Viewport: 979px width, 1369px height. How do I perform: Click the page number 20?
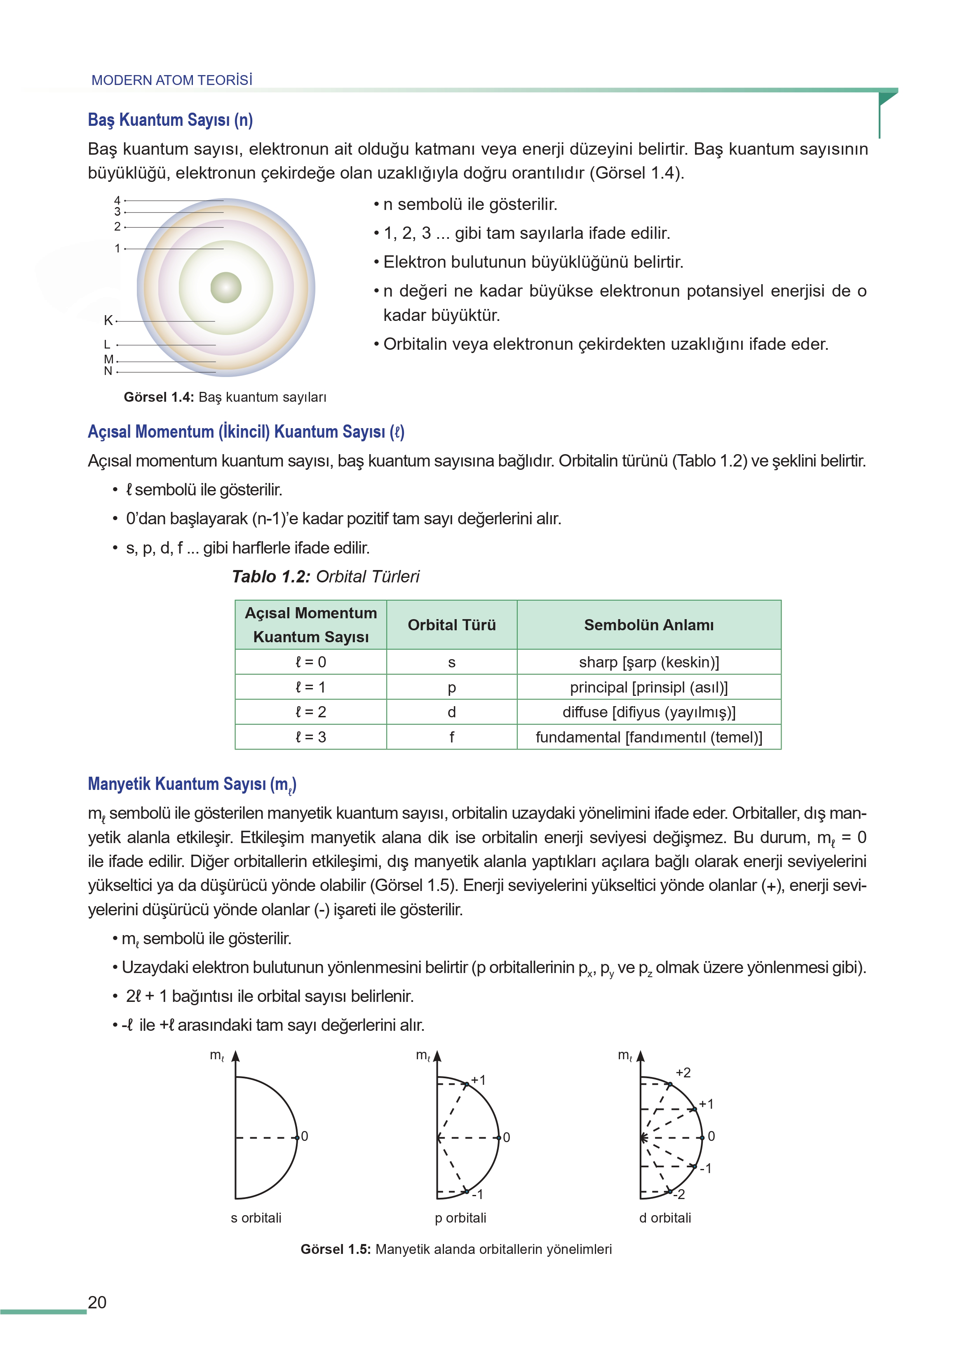(97, 1302)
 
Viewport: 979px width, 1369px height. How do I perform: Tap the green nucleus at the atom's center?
(226, 287)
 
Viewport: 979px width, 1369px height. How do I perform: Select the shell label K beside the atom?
(108, 320)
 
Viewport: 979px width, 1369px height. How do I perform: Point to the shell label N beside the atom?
(108, 371)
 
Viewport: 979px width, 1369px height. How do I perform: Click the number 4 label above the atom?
(117, 200)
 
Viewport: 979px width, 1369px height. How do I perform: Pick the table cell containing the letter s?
(451, 662)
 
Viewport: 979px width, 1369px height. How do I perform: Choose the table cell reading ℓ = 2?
(310, 712)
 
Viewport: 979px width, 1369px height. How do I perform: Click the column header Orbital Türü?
(451, 625)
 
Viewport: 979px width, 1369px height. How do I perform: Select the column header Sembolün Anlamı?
(649, 625)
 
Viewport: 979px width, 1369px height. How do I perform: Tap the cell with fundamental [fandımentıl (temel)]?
(649, 737)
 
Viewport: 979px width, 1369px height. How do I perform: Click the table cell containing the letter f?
(451, 737)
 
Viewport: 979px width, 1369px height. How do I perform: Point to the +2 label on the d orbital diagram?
(683, 1073)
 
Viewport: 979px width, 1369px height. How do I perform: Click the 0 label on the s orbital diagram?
(305, 1136)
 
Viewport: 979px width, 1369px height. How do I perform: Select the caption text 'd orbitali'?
(665, 1218)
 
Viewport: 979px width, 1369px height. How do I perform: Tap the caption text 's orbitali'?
(256, 1218)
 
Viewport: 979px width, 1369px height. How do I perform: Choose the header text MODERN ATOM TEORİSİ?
(172, 80)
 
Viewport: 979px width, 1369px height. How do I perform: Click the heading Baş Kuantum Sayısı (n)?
(170, 120)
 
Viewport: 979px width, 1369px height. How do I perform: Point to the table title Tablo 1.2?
(271, 577)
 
